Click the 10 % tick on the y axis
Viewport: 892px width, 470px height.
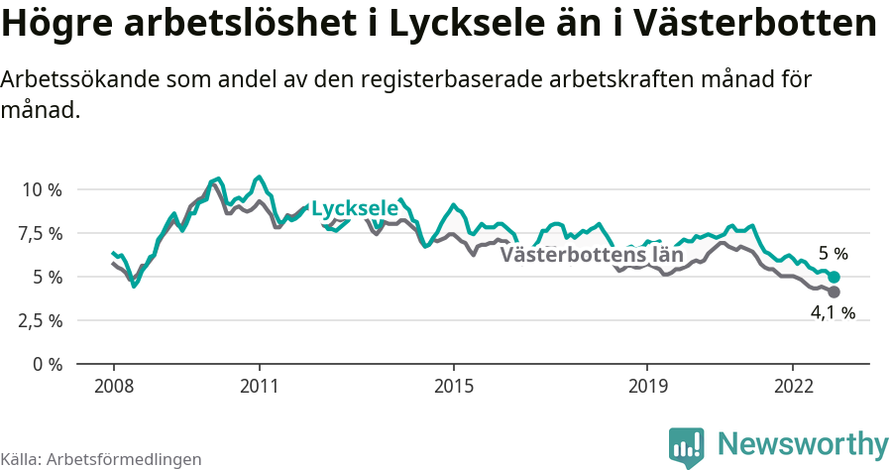pyautogui.click(x=42, y=189)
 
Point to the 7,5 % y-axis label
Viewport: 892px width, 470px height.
pyautogui.click(x=41, y=233)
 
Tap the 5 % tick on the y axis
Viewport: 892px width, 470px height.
pyautogui.click(x=46, y=277)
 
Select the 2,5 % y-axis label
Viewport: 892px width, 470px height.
pyautogui.click(x=41, y=320)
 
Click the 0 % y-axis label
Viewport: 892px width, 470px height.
pyautogui.click(x=46, y=364)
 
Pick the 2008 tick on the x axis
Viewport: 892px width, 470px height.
pyautogui.click(x=113, y=386)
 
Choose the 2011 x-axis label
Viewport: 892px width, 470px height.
pyautogui.click(x=259, y=386)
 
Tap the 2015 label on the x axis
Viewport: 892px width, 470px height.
pyautogui.click(x=453, y=386)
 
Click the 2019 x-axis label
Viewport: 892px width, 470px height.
pyautogui.click(x=647, y=386)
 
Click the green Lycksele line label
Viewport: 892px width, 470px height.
pyautogui.click(x=354, y=209)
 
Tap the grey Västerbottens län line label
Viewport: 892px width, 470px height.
pyautogui.click(x=592, y=254)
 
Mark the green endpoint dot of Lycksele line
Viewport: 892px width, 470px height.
pyautogui.click(x=834, y=277)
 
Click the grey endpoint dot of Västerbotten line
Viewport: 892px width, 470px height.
pyautogui.click(x=834, y=293)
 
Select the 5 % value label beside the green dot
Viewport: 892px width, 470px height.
pyautogui.click(x=833, y=254)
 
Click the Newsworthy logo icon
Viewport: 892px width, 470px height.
pyautogui.click(x=686, y=447)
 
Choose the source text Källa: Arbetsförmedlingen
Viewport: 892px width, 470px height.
pyautogui.click(x=101, y=459)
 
